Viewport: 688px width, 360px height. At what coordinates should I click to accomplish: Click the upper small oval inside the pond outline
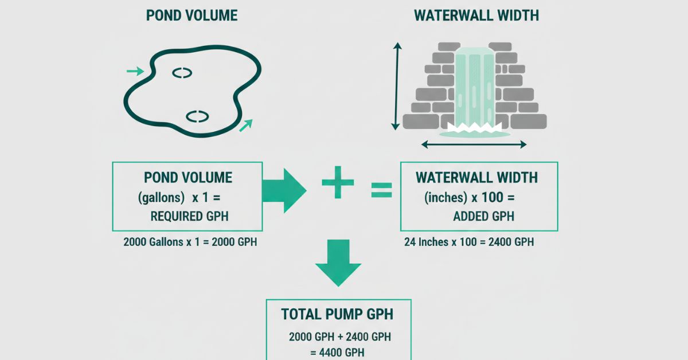182,73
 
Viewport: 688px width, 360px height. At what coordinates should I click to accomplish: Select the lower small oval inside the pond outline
196,116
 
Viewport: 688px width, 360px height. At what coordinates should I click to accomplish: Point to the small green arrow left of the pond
135,71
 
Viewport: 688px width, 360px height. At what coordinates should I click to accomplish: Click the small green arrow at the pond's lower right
245,126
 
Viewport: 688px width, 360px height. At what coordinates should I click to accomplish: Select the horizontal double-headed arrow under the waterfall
474,145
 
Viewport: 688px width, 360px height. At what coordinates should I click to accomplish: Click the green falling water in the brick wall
474,86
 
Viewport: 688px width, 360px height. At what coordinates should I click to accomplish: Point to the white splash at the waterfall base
474,127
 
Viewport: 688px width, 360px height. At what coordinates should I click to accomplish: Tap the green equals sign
381,190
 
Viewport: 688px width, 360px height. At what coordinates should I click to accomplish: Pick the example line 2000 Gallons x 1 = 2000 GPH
190,242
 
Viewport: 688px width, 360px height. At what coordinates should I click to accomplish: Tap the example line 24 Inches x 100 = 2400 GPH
469,242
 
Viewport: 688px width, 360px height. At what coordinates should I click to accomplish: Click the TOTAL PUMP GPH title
338,314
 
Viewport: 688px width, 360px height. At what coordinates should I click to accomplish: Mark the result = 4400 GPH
338,352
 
